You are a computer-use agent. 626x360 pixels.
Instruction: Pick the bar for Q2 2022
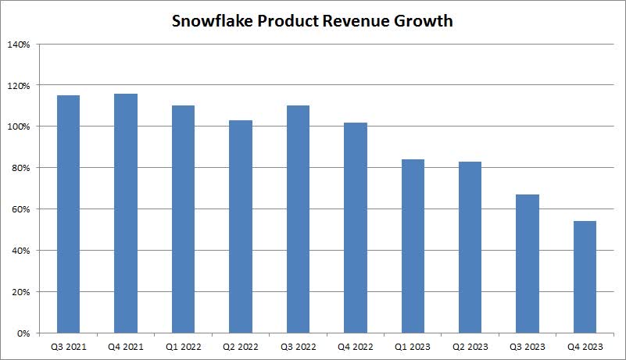coord(241,226)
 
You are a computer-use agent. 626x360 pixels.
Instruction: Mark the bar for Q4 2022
coord(356,227)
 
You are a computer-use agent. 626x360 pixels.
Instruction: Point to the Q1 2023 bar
coord(413,246)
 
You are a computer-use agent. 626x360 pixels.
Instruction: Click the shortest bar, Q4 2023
coord(585,277)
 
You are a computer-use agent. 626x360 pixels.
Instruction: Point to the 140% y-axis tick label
coord(19,45)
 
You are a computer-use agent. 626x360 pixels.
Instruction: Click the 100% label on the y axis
coord(19,127)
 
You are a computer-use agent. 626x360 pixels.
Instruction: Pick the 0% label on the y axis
coord(23,333)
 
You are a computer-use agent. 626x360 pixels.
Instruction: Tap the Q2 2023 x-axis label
coord(470,345)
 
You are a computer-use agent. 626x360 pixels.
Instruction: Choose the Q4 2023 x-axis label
coord(585,345)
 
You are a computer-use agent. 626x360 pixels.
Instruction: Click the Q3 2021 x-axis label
coord(68,345)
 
